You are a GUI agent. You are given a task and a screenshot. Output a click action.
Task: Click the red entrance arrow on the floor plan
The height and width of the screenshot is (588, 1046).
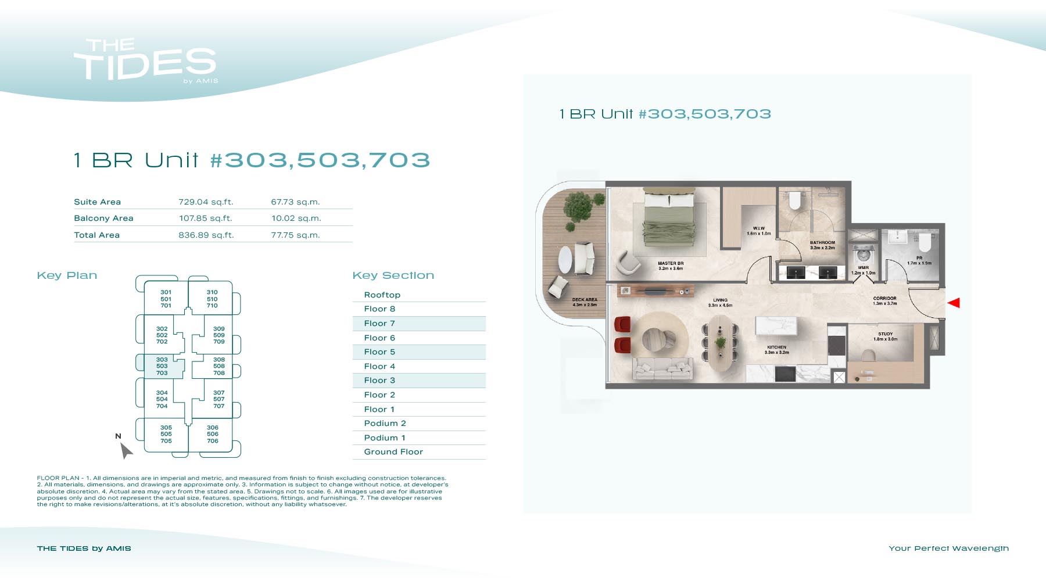pos(954,303)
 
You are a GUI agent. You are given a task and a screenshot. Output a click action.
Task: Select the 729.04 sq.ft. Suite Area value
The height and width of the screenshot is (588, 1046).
pos(206,202)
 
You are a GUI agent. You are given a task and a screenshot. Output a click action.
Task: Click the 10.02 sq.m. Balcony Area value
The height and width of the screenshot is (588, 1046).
pos(296,218)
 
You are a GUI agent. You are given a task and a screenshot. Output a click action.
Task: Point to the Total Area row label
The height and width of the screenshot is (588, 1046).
pos(97,235)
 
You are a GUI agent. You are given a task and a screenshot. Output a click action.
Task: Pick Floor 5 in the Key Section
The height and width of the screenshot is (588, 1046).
pos(379,352)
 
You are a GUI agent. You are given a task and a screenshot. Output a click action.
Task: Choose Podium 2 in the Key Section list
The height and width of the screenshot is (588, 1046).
pos(385,424)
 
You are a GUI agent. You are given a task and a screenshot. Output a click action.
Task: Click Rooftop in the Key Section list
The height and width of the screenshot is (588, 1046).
pos(382,295)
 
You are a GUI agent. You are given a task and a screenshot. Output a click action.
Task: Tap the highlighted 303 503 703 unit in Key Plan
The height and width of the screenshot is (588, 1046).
pos(162,366)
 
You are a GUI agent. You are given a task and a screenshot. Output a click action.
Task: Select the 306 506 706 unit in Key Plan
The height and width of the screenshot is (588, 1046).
pos(213,434)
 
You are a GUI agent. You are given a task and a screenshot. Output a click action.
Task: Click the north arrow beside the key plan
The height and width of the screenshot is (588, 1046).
pos(126,450)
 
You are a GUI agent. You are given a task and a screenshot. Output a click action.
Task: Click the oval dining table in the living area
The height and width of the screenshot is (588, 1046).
pos(721,343)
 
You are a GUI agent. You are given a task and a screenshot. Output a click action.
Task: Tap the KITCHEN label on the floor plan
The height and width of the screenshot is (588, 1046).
pos(777,347)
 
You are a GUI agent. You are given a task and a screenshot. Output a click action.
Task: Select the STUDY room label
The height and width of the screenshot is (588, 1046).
pos(886,334)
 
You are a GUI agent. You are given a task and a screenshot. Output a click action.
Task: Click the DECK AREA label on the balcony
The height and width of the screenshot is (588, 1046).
pos(585,300)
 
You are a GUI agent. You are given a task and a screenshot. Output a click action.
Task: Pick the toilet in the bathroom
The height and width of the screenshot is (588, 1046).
pos(795,200)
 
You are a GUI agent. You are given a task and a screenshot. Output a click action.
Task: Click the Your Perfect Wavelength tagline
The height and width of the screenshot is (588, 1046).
pos(949,548)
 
